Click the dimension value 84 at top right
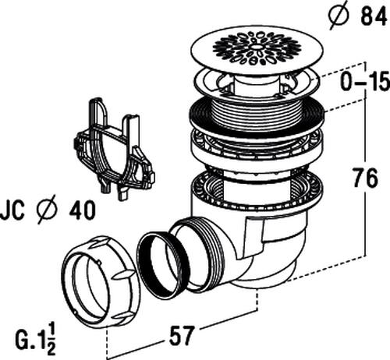(374, 17)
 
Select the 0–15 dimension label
(365, 82)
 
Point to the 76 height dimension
(365, 178)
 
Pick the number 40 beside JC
(82, 210)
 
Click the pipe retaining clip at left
(115, 149)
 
